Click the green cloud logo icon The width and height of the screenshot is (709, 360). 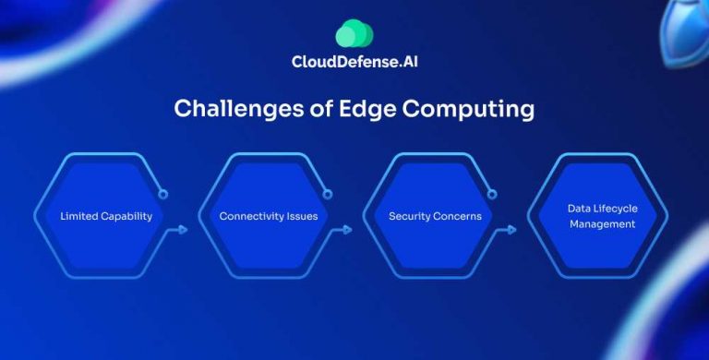pyautogui.click(x=354, y=33)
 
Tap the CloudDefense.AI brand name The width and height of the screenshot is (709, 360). pyautogui.click(x=354, y=64)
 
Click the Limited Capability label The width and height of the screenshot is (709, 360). pyautogui.click(x=106, y=216)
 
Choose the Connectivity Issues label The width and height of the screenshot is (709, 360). pyautogui.click(x=269, y=216)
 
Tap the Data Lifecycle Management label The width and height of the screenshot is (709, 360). pyautogui.click(x=602, y=216)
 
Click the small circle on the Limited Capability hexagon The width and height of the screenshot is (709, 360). pyautogui.click(x=163, y=195)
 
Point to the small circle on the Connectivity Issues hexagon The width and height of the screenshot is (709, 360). pyautogui.click(x=328, y=195)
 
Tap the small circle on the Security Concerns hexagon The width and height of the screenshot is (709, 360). pyautogui.click(x=492, y=195)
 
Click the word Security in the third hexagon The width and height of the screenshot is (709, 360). pyautogui.click(x=409, y=216)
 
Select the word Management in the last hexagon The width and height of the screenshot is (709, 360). pyautogui.click(x=602, y=224)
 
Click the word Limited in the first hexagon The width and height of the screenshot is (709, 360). pyautogui.click(x=78, y=216)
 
